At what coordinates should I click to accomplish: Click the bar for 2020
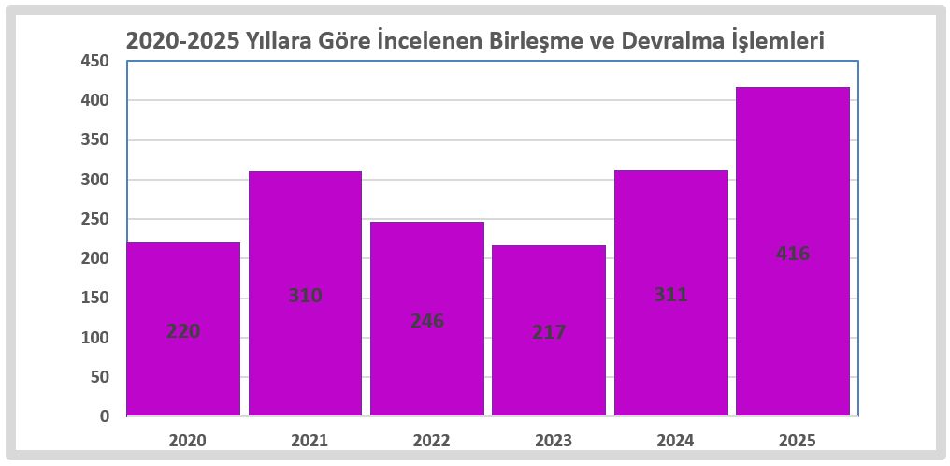tap(183, 281)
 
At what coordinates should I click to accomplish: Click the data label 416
tap(793, 254)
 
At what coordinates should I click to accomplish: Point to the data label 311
tap(670, 295)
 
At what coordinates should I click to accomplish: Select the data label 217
tap(549, 332)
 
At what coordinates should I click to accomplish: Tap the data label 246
tap(427, 320)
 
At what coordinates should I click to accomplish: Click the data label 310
tap(305, 296)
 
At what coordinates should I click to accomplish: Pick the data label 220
tap(183, 331)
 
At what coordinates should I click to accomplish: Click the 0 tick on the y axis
tap(105, 416)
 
